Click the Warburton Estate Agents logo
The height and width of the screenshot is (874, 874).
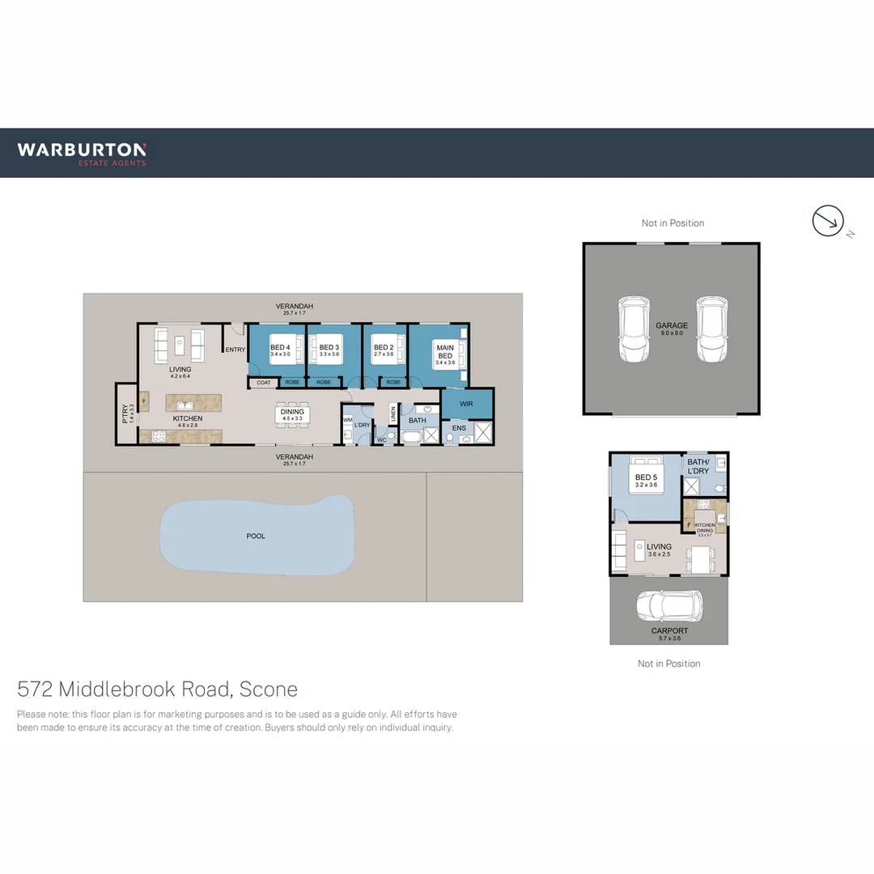pos(82,152)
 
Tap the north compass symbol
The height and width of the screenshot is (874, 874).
pos(828,221)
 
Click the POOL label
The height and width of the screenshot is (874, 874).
pos(256,536)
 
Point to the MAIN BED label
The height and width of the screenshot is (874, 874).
pos(445,351)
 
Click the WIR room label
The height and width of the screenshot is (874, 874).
pos(467,402)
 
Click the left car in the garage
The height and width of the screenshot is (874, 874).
pos(634,329)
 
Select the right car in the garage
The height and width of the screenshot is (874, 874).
pos(711,329)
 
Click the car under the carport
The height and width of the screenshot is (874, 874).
pos(668,605)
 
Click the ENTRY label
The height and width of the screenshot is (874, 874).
pos(235,350)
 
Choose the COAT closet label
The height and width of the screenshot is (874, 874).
pos(264,382)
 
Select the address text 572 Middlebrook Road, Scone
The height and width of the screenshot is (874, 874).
pos(158,689)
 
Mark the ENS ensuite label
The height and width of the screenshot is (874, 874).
pos(459,426)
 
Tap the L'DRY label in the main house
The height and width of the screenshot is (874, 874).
pos(362,425)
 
